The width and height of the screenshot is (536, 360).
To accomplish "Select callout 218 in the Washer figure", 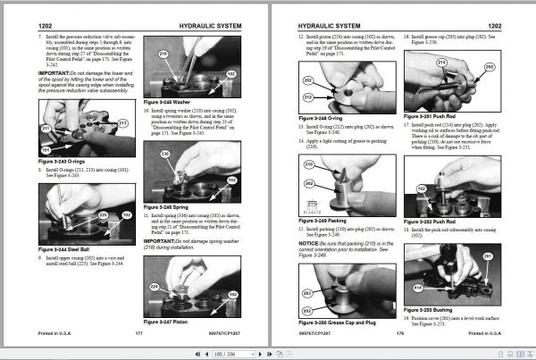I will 163,54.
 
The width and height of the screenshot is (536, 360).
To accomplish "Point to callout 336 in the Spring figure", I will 163,154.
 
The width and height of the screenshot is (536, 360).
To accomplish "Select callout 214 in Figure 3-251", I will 441,63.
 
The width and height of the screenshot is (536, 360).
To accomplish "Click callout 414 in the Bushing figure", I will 417,288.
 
